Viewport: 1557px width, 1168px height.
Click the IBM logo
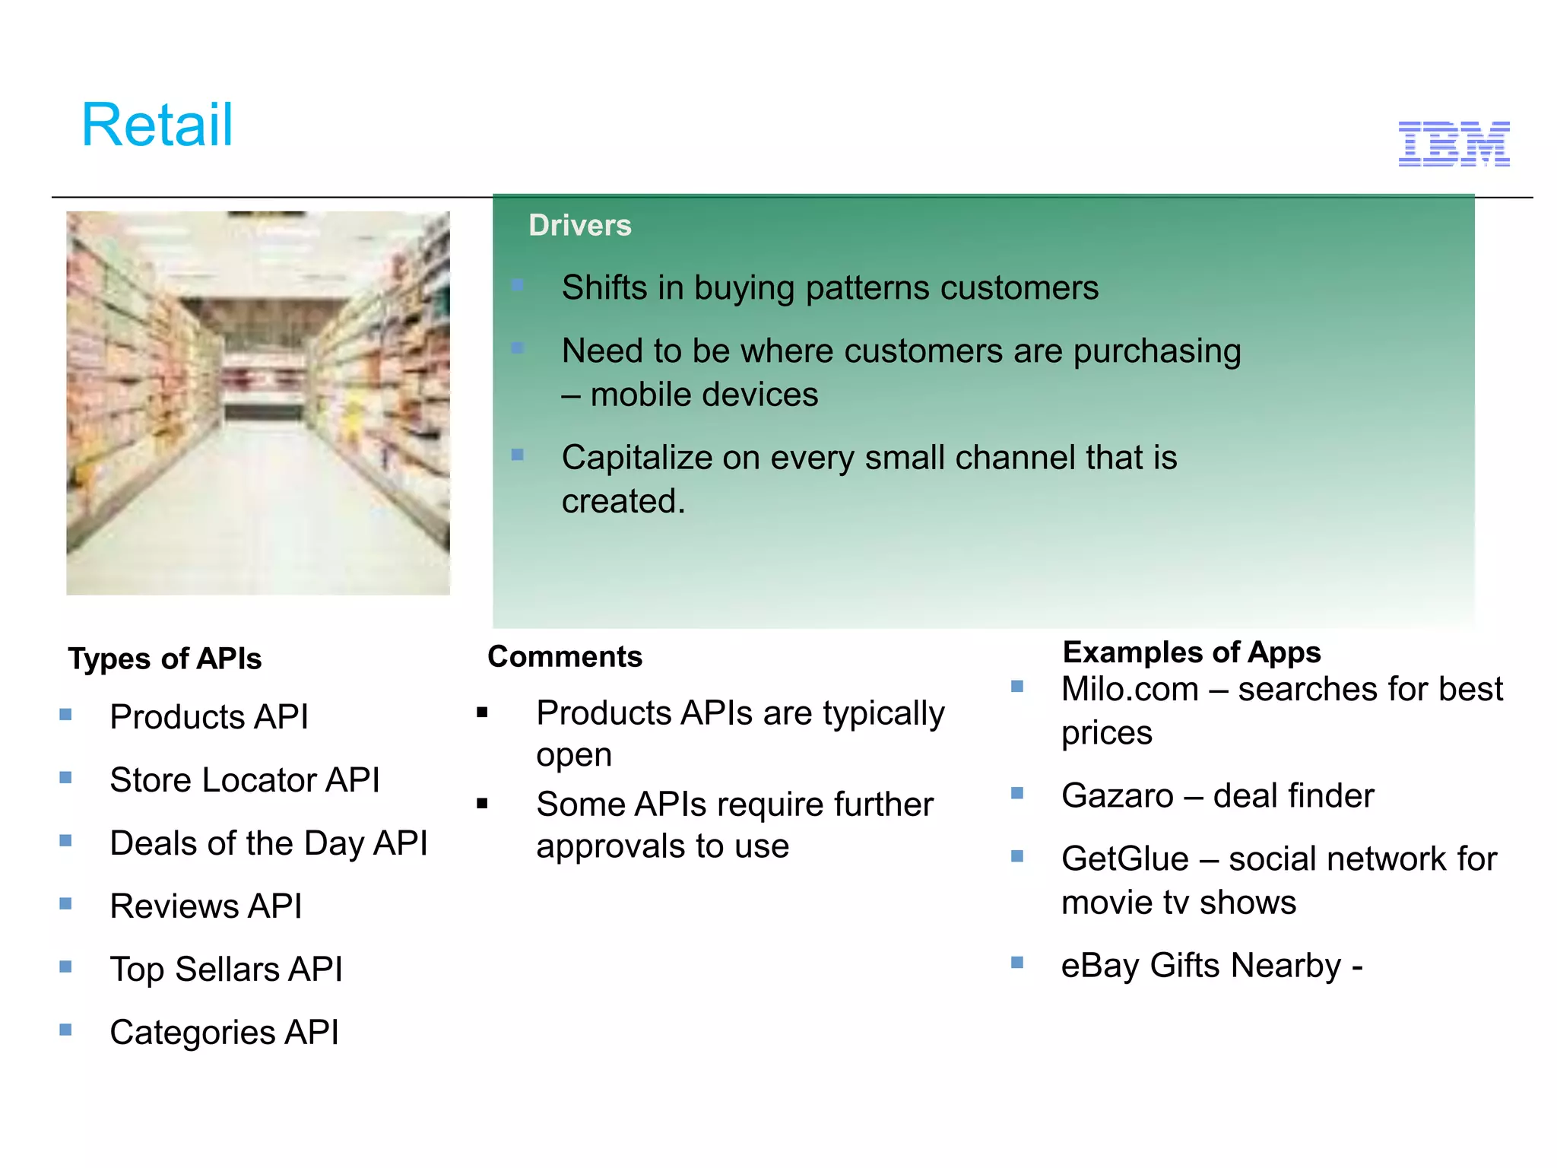[1454, 144]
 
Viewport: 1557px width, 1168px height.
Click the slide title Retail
[157, 125]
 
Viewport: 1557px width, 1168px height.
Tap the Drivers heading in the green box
[579, 225]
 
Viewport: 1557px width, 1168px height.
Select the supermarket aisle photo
[258, 403]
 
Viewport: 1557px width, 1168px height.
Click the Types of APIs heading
[164, 659]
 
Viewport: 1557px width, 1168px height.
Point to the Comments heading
[564, 656]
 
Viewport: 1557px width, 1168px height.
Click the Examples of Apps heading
[1191, 652]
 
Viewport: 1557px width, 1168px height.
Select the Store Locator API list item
[244, 779]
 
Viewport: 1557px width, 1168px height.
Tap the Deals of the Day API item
[268, 843]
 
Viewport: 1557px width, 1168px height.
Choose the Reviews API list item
[205, 906]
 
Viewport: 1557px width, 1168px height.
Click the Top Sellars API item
[226, 969]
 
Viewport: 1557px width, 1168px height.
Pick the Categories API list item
[224, 1032]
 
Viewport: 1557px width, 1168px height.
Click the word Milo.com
[1129, 689]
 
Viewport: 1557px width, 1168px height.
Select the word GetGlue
[1124, 859]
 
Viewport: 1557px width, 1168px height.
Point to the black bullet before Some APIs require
[482, 803]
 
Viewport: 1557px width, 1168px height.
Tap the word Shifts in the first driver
[604, 287]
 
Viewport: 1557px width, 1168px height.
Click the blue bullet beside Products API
[66, 714]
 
